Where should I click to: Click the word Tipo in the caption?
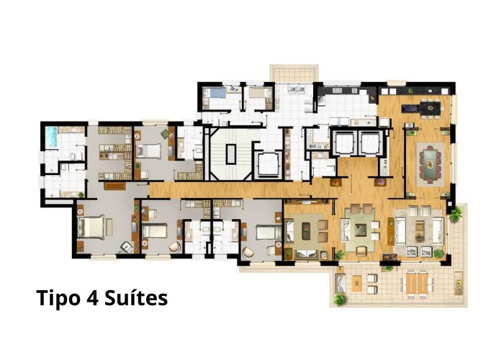pos(58,299)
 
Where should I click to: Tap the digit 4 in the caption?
pos(91,298)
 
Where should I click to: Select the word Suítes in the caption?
pos(136,297)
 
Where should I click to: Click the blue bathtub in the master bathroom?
pos(51,137)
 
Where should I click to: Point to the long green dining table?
pos(430,164)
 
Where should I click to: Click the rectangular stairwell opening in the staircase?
pos(231,154)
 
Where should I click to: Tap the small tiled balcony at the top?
pos(294,73)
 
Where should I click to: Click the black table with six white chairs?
pos(431,108)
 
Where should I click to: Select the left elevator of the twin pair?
pos(344,143)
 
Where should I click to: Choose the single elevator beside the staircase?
pos(268,165)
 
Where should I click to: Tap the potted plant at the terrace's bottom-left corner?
pos(340,300)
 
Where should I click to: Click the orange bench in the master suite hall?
pos(114,186)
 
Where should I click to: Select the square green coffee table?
pos(360,230)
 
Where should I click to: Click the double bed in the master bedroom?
pos(91,228)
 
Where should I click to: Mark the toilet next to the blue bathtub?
pos(72,156)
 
